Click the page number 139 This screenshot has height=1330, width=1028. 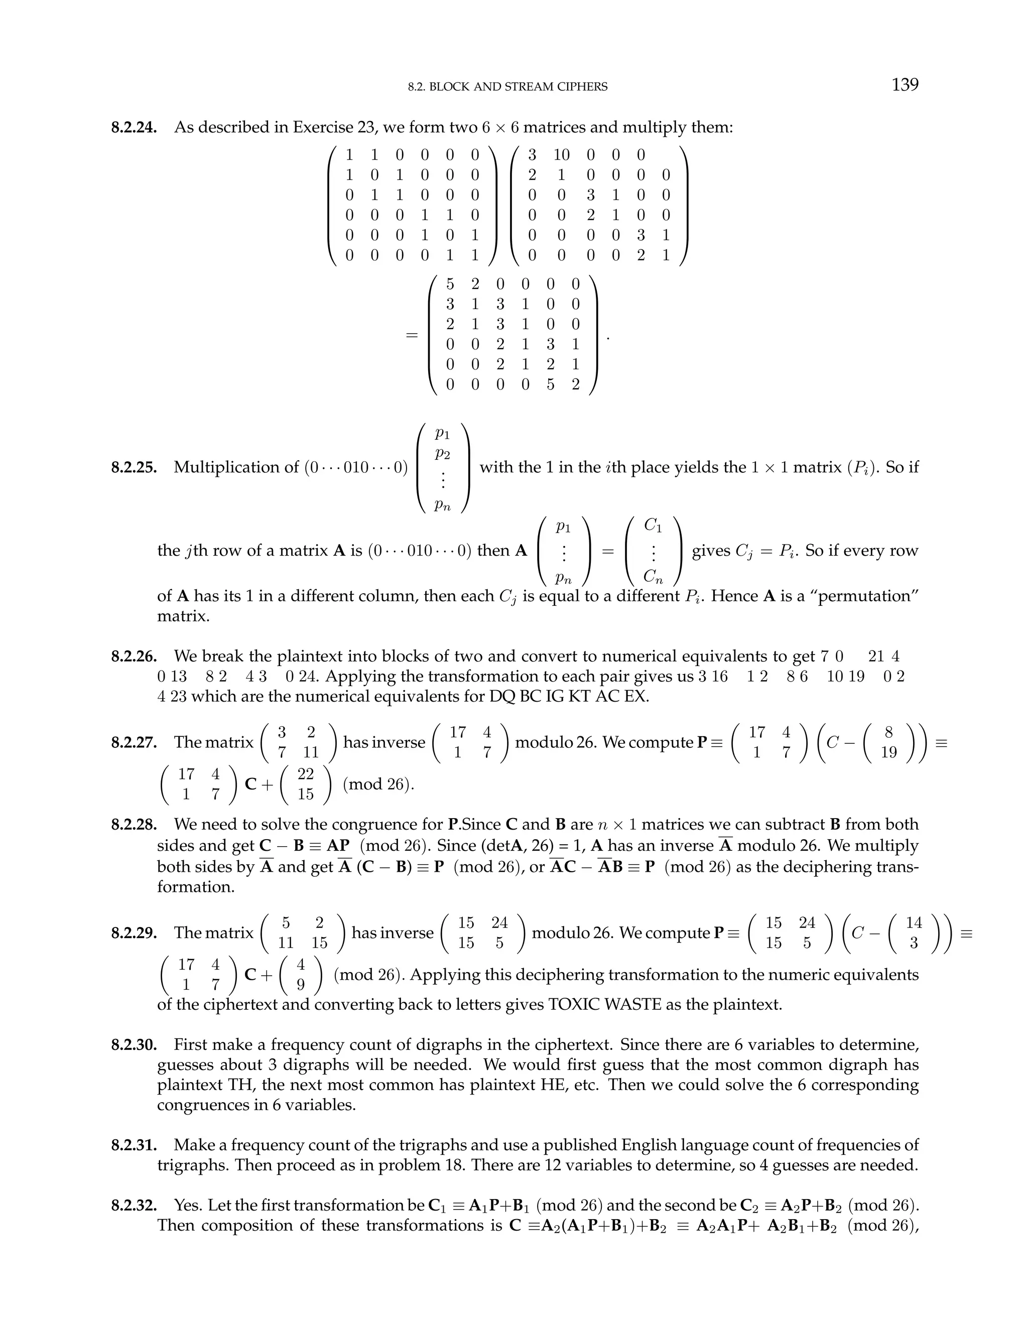tap(905, 85)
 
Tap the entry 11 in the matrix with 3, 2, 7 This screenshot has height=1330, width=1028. tap(311, 753)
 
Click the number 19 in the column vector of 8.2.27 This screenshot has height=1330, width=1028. tap(888, 753)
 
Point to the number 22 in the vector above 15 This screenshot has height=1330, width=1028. tap(306, 774)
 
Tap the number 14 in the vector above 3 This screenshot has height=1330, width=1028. tap(914, 922)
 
